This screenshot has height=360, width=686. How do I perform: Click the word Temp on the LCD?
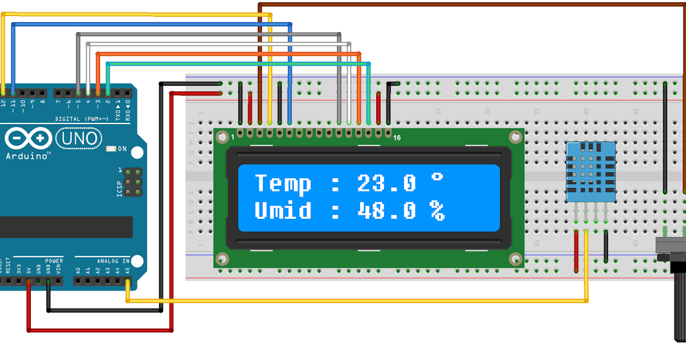point(283,184)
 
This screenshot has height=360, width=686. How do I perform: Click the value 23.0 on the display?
point(386,184)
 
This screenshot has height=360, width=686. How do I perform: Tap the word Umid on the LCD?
point(283,211)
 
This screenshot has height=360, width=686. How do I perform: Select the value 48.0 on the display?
point(386,211)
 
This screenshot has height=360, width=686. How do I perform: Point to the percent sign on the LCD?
point(437,211)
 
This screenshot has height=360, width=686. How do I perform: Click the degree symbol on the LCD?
point(437,177)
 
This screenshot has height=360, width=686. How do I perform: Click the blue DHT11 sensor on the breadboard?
point(591,171)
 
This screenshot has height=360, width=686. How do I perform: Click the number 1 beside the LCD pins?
point(233,138)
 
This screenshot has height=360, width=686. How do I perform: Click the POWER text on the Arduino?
point(54,261)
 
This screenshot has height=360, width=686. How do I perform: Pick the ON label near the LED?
point(122,149)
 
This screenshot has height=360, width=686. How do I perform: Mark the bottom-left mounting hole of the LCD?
point(221,259)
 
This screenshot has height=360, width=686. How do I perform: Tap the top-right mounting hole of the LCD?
point(515,137)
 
